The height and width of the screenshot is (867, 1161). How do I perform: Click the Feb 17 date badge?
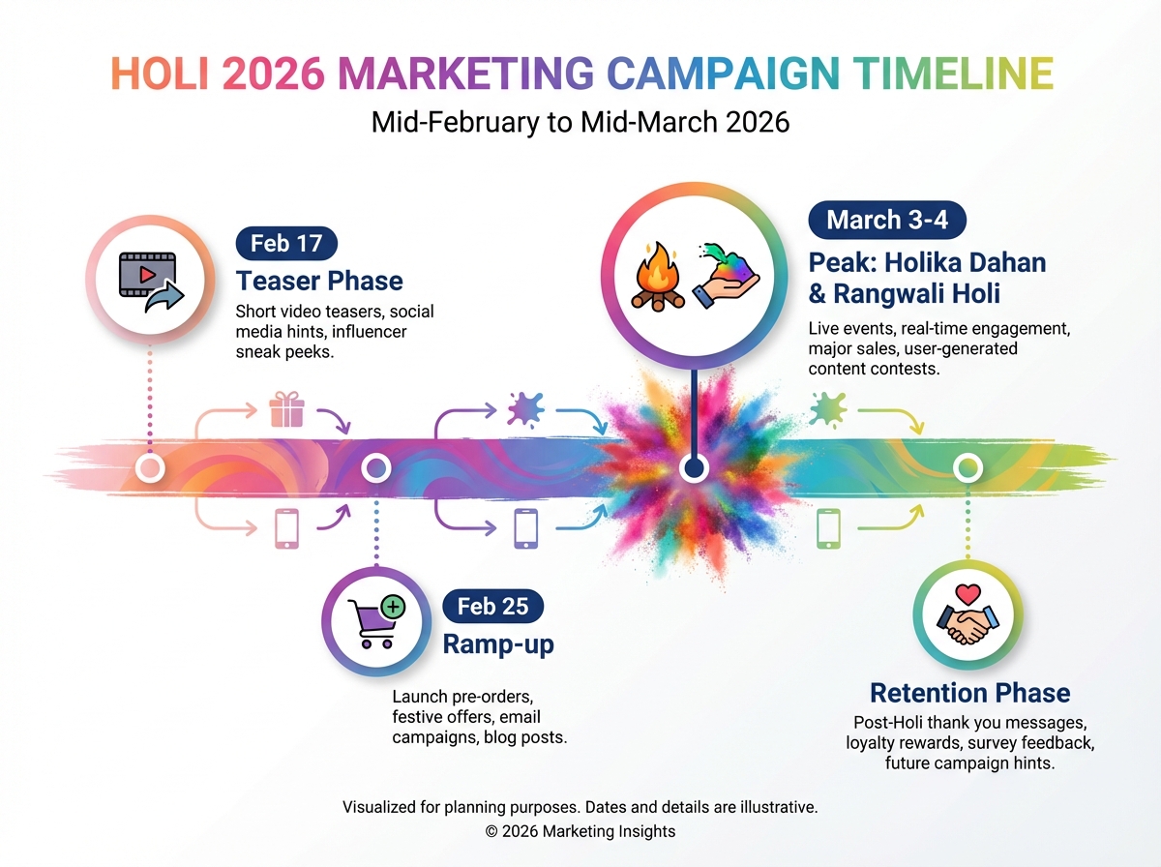(285, 243)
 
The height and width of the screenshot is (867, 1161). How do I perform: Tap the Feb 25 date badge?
(492, 607)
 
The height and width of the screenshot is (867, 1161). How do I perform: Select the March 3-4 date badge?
(886, 220)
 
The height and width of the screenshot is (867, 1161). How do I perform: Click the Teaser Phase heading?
(319, 282)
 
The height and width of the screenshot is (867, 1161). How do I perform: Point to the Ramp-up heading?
(498, 644)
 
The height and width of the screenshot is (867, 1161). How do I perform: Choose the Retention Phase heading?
(969, 693)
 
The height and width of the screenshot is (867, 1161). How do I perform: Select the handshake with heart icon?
(967, 615)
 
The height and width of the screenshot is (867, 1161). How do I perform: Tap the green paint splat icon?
(827, 409)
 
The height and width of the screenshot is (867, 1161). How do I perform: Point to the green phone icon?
(828, 528)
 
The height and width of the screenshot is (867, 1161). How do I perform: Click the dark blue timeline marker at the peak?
(692, 469)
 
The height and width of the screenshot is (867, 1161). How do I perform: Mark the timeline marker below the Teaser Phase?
(149, 469)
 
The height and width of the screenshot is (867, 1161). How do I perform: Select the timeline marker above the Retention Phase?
(967, 469)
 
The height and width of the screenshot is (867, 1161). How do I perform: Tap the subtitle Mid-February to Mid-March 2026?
(580, 123)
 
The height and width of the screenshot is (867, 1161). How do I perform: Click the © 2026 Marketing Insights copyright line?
(580, 831)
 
